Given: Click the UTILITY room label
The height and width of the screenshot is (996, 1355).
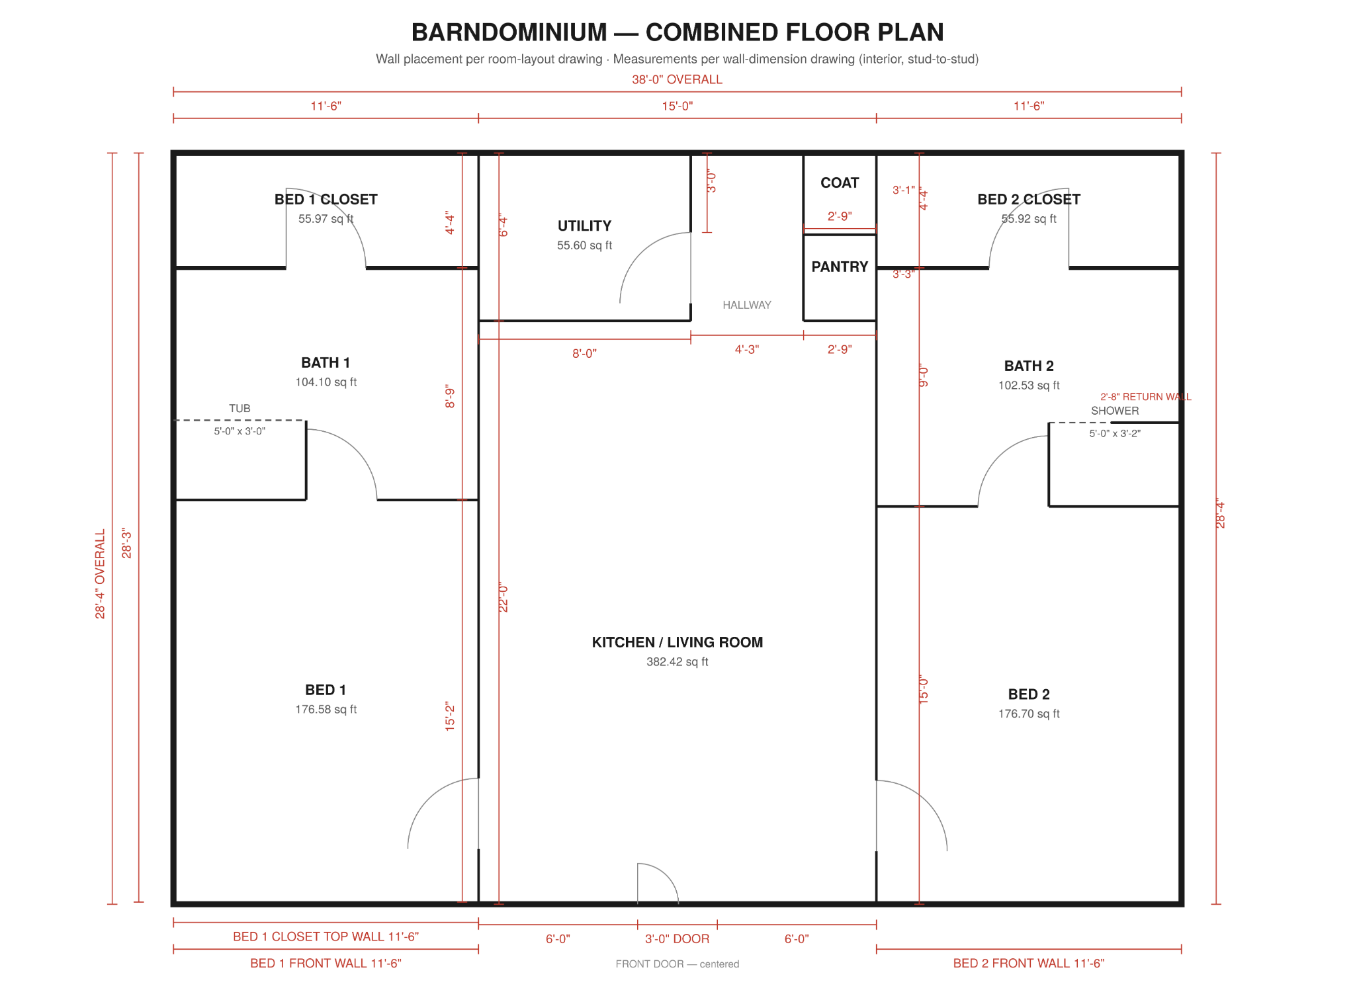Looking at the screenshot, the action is (584, 226).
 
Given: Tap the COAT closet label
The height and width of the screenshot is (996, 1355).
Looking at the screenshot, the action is (840, 183).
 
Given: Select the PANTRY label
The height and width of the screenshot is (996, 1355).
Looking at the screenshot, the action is (840, 267).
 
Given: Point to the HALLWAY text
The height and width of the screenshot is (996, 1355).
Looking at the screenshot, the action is (747, 305).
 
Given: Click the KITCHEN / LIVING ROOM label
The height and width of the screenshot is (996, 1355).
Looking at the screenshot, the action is (677, 642).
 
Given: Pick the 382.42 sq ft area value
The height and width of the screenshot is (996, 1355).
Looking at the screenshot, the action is (677, 662).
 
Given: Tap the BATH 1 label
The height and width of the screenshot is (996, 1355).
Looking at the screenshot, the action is (326, 362).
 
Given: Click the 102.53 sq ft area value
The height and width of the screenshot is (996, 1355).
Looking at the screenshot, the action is (1029, 386).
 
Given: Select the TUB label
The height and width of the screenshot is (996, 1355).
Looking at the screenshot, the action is (240, 409).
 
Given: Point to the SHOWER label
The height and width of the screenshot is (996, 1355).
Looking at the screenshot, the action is (1115, 411).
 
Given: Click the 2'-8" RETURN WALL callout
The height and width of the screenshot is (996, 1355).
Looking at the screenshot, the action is (1145, 397).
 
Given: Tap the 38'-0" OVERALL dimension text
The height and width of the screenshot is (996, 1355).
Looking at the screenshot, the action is (677, 79).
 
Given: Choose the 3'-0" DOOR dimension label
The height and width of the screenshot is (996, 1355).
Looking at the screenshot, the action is (677, 939).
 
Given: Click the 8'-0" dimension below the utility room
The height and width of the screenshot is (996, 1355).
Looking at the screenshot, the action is (584, 354).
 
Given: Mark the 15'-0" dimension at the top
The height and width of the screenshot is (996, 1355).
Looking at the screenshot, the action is (677, 106).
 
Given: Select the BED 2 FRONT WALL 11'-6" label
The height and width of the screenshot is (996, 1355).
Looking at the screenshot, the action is (1029, 964).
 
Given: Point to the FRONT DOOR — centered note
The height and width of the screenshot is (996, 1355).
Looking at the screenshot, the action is (677, 964).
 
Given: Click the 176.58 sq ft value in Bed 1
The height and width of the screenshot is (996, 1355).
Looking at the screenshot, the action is (326, 710).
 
